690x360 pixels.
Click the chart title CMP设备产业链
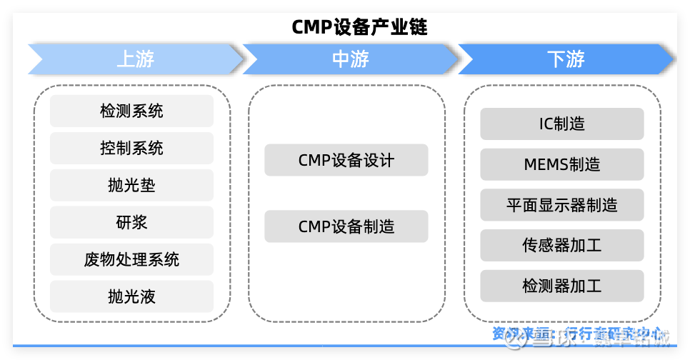359,27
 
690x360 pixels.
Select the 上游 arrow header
135,59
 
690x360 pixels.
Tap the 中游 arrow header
350,59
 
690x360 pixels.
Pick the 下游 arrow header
566,59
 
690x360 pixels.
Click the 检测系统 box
131,111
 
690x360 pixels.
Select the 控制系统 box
131,148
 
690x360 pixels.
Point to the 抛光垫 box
131,185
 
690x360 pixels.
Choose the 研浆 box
131,222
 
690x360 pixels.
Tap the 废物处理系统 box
131,259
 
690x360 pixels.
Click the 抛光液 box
131,296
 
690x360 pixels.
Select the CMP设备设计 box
346,160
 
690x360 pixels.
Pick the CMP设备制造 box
346,226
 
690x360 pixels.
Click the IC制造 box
561,124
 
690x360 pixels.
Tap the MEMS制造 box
561,164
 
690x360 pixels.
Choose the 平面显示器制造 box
561,205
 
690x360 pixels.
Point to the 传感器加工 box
561,245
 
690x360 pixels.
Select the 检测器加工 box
561,286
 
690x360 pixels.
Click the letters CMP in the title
311,27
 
